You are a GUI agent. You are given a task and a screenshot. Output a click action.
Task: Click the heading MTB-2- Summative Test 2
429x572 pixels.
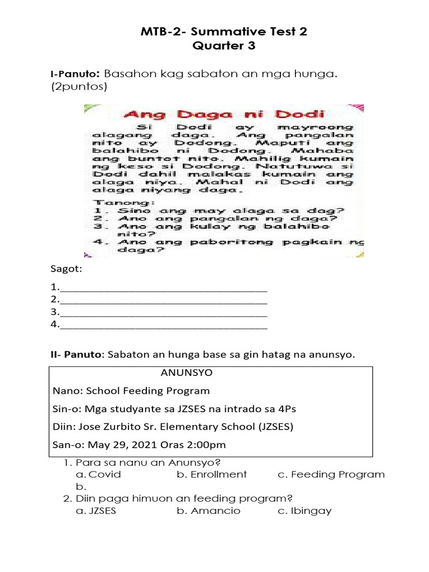pos(223,32)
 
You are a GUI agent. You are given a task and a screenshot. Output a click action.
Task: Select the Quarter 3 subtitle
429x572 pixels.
pos(223,46)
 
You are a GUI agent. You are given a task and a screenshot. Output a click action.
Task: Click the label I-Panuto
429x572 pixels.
pos(74,74)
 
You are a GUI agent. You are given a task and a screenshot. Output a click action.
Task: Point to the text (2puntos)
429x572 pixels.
pos(78,87)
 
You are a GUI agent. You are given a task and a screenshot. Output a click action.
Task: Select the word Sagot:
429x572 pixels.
pos(66,270)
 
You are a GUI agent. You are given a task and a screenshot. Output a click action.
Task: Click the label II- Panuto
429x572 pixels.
pos(77,355)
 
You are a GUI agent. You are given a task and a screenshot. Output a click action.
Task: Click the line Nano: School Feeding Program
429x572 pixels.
pos(131,390)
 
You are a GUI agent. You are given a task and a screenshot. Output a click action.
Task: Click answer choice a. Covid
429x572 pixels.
pos(98,474)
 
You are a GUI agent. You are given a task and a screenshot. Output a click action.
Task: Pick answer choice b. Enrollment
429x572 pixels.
pos(212,474)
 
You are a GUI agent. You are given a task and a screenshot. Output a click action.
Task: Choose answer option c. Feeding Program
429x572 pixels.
pos(331,474)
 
